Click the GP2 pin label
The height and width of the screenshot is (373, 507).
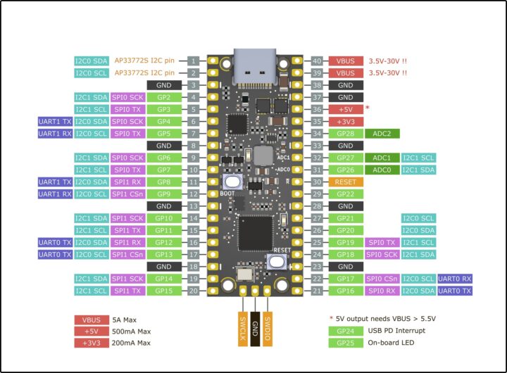(164, 96)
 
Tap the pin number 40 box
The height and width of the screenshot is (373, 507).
(317, 61)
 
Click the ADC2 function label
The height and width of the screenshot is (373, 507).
(382, 133)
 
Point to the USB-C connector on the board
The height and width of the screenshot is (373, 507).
(254, 66)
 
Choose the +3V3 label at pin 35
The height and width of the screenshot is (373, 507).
(345, 121)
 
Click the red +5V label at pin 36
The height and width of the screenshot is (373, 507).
(345, 109)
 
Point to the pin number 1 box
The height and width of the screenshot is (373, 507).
(193, 61)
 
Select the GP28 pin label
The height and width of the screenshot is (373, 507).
(345, 133)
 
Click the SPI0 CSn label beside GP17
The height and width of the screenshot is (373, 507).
(382, 279)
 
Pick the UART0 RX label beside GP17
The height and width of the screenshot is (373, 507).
(455, 279)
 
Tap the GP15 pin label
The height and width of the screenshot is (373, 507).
(164, 291)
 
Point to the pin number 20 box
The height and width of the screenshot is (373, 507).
(193, 291)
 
